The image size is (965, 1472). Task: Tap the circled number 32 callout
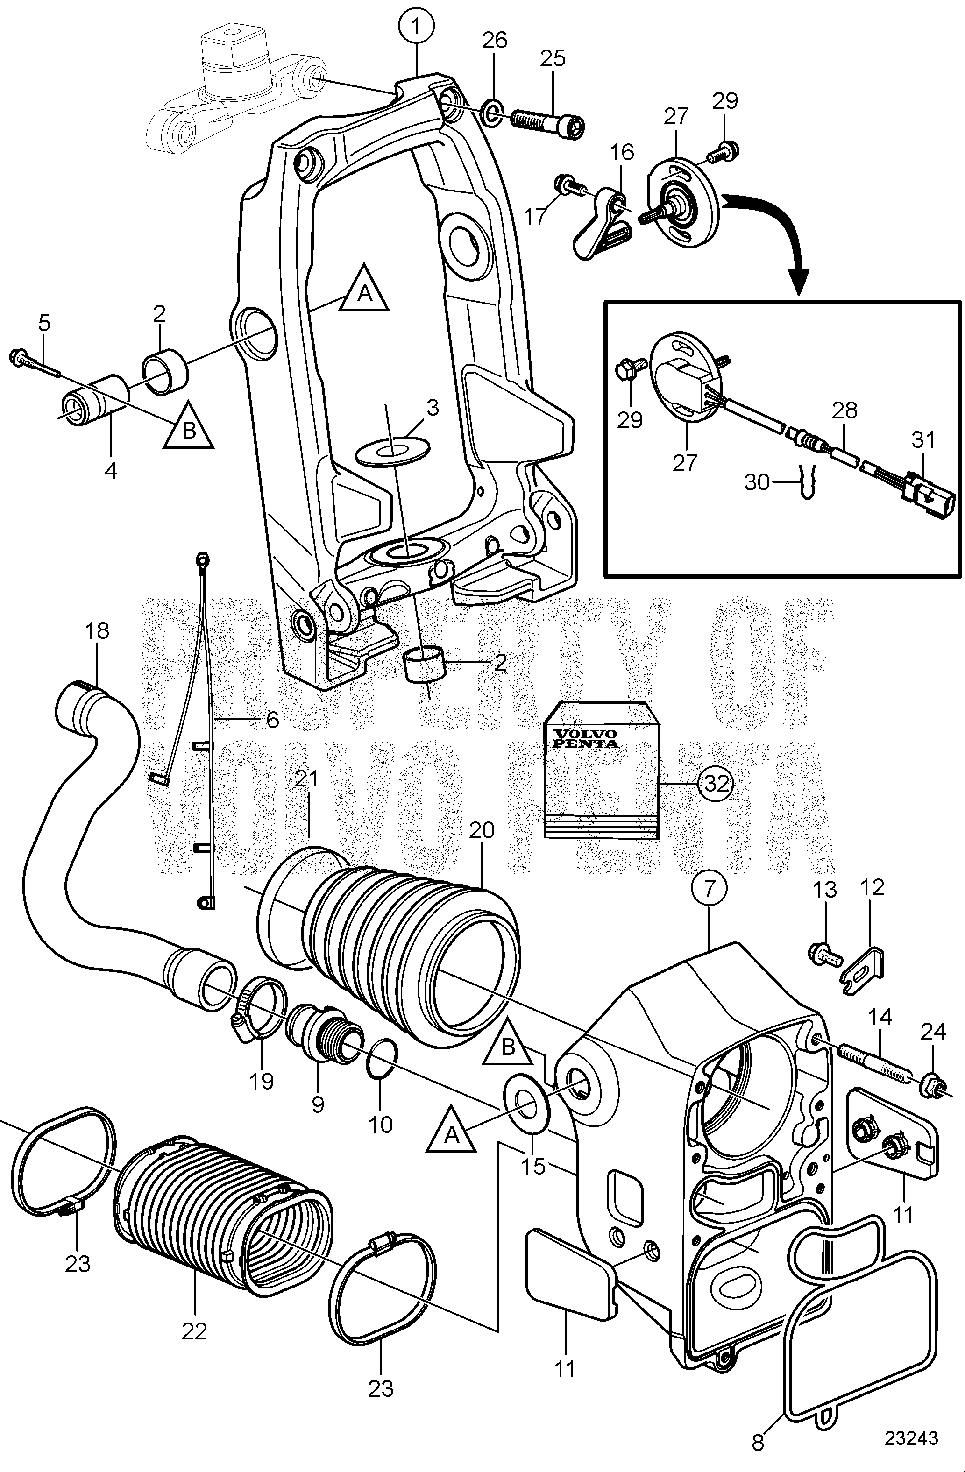pos(717,783)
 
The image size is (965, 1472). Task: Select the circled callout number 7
pos(710,889)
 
